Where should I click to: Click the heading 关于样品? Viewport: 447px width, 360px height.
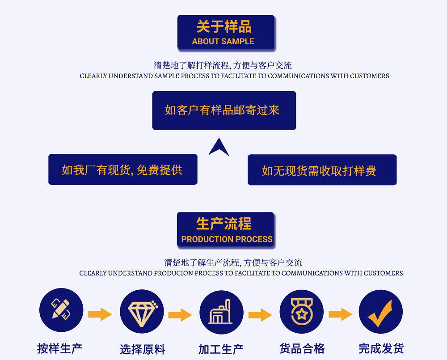(x=224, y=27)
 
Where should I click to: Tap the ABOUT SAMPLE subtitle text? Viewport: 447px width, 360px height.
(x=223, y=42)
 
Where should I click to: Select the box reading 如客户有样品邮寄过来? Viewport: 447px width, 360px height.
(x=224, y=110)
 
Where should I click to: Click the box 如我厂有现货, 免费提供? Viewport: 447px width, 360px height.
(x=122, y=169)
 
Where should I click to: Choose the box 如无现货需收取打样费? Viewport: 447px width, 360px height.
(x=322, y=170)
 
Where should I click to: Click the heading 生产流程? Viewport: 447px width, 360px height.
(x=224, y=224)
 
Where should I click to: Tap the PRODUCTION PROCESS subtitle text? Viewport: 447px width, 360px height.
(x=227, y=239)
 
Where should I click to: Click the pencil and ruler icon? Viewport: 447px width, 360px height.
(x=61, y=310)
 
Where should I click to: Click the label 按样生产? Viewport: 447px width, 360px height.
(x=60, y=348)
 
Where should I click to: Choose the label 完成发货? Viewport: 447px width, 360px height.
(x=381, y=348)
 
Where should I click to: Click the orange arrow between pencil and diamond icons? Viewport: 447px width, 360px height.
(x=100, y=314)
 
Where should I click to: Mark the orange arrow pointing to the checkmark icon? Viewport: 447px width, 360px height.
(x=340, y=314)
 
